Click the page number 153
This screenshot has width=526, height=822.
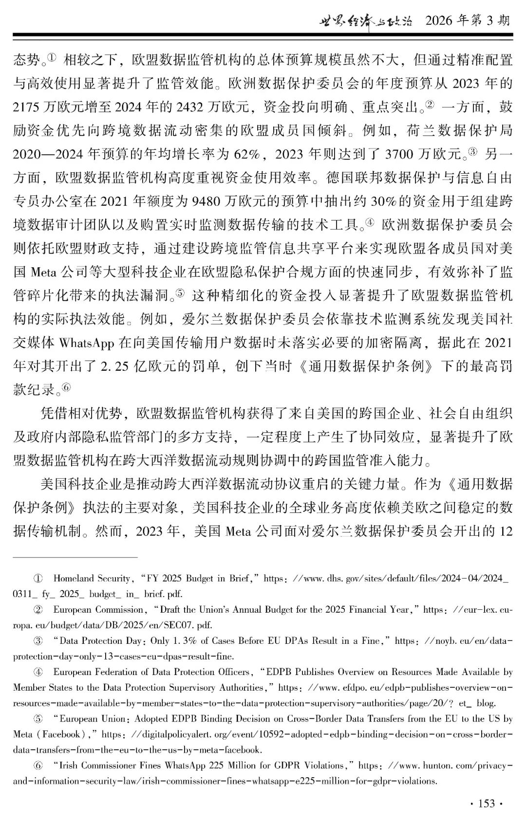(487, 804)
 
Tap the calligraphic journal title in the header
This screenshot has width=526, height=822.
(365, 20)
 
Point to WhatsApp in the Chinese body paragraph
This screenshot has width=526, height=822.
(86, 343)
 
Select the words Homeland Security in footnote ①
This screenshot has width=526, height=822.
(92, 579)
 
